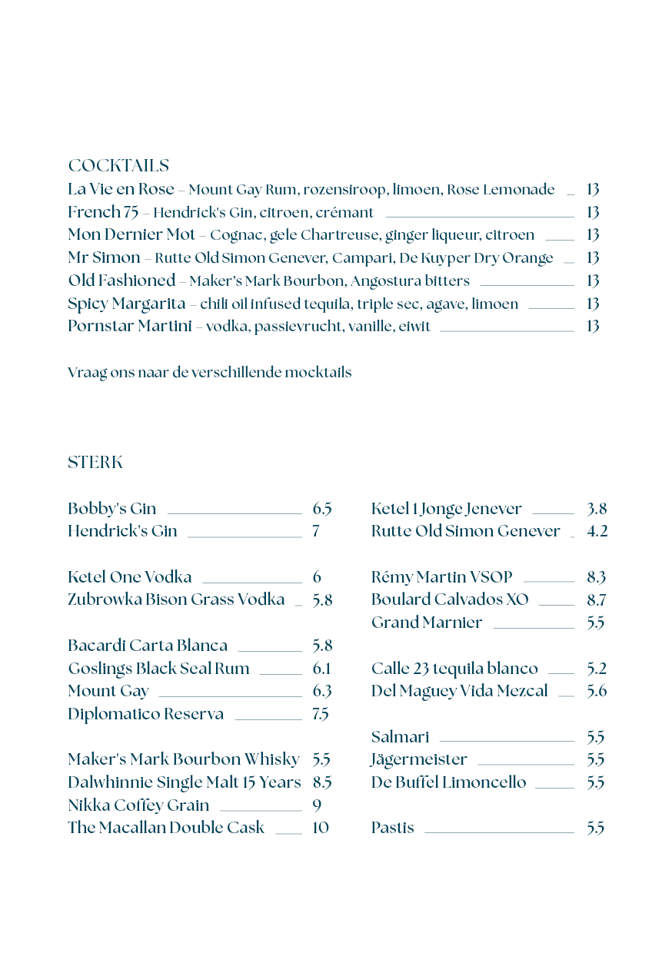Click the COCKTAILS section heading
click(x=118, y=166)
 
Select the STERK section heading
click(x=95, y=463)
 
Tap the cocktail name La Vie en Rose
click(x=121, y=189)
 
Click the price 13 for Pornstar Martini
click(x=592, y=326)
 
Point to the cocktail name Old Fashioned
click(x=121, y=281)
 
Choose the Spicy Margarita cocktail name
click(x=126, y=304)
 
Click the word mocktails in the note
click(x=318, y=373)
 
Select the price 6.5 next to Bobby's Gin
click(x=322, y=509)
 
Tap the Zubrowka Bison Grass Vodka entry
click(x=176, y=599)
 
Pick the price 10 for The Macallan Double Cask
click(x=321, y=828)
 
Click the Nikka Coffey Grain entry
click(x=138, y=805)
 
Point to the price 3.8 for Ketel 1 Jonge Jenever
click(x=597, y=509)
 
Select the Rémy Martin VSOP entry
click(x=441, y=577)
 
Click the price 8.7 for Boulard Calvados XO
click(x=596, y=599)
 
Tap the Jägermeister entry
click(x=419, y=759)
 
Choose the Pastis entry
click(x=392, y=828)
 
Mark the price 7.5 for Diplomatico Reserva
click(x=321, y=714)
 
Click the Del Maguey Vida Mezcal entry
click(x=459, y=691)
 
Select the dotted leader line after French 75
click(x=479, y=217)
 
